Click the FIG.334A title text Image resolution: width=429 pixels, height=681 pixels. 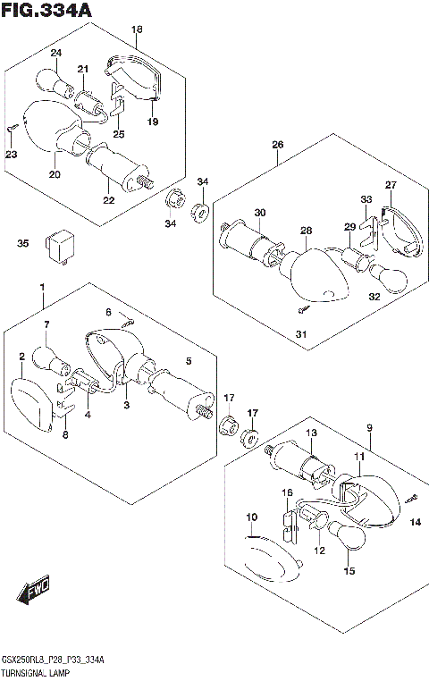(x=46, y=10)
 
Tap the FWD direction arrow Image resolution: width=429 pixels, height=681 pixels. (x=32, y=591)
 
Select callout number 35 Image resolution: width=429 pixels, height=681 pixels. (x=23, y=243)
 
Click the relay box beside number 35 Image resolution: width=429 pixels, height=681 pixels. (x=58, y=247)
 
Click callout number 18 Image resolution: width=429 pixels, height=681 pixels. (x=137, y=29)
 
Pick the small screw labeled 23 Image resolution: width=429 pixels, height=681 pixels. (x=13, y=127)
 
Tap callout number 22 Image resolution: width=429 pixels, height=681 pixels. (x=108, y=200)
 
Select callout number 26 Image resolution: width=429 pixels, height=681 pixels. (x=277, y=144)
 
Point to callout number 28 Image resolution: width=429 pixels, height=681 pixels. (x=307, y=231)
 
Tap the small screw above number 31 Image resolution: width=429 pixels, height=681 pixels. (x=305, y=309)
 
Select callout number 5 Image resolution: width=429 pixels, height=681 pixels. (x=189, y=361)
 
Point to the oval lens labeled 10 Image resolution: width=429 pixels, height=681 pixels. (x=273, y=559)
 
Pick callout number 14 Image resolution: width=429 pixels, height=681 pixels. (x=416, y=522)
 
